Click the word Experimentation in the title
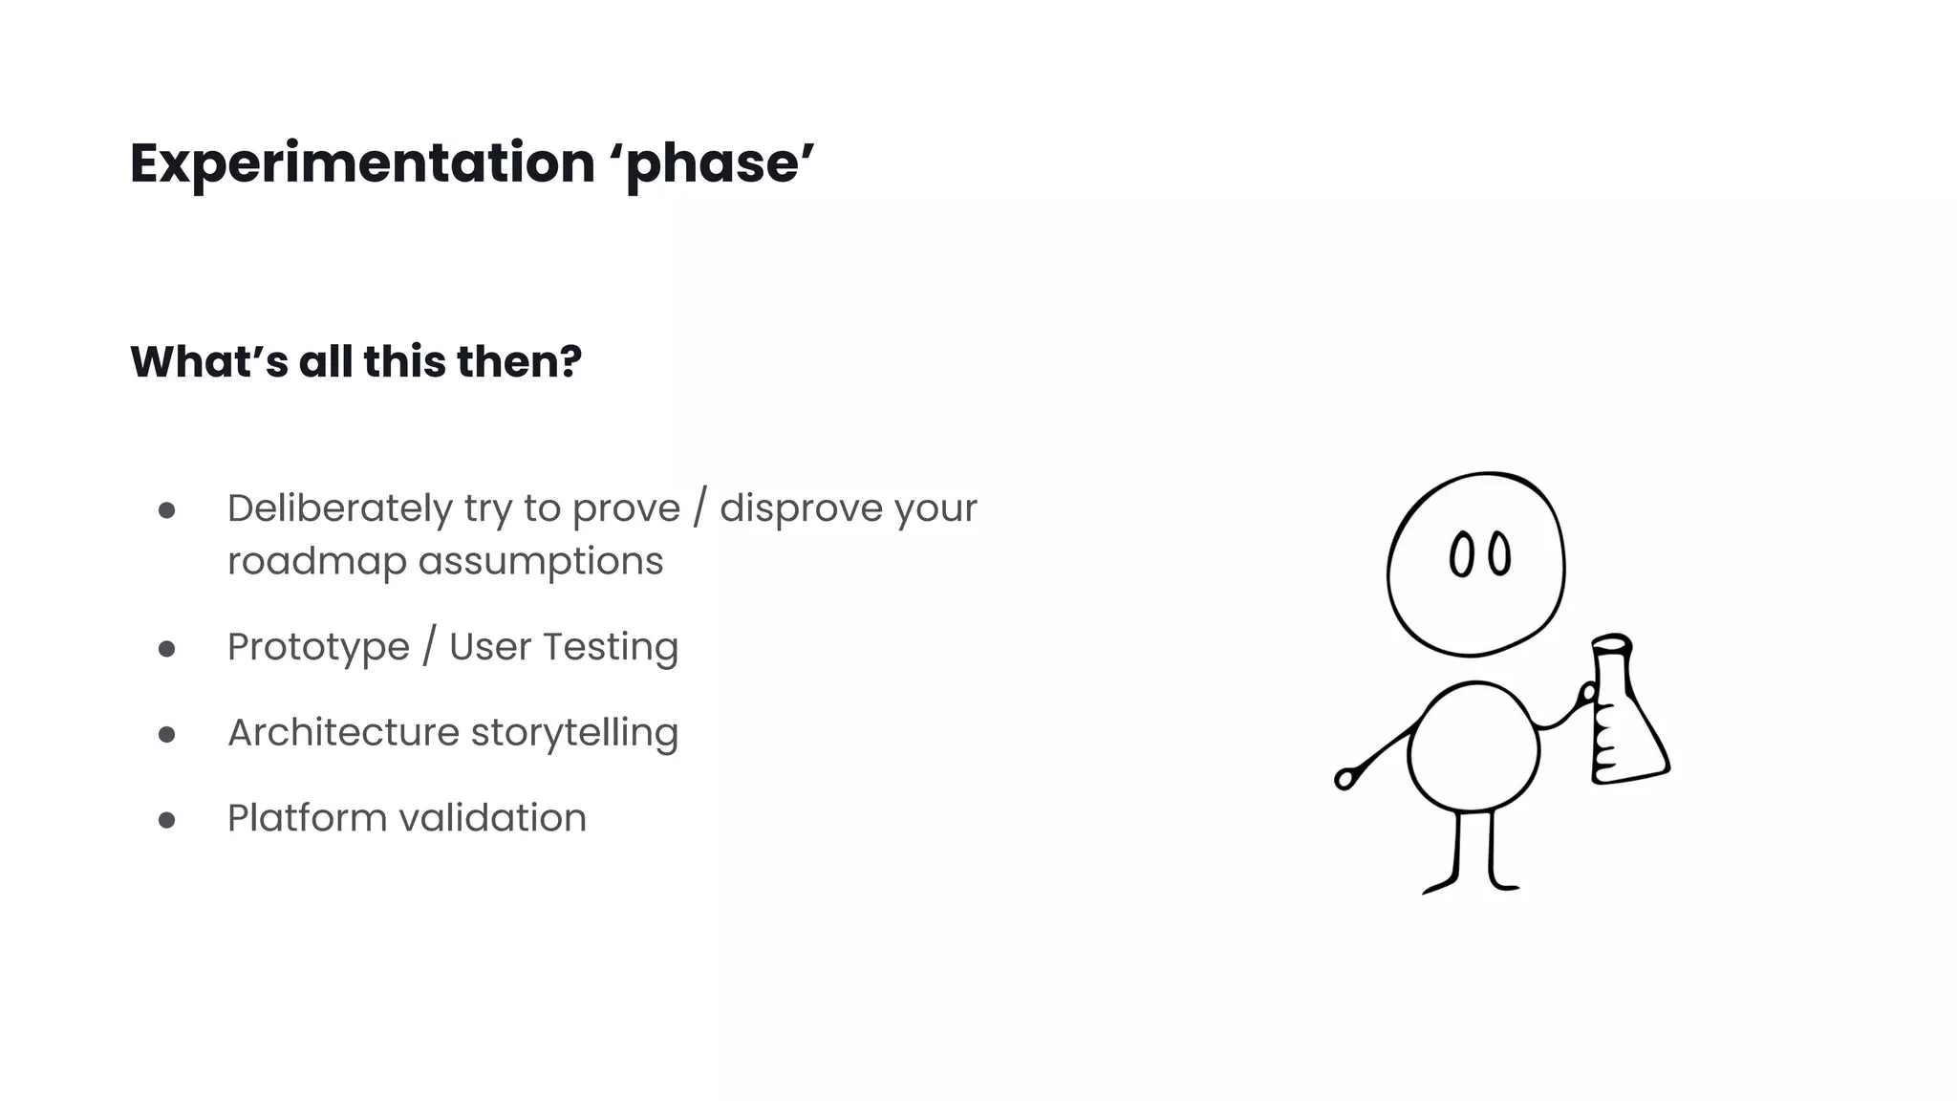362,163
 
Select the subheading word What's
209,362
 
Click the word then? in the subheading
519,362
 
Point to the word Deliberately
339,509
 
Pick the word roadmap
317,562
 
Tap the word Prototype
318,648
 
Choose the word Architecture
343,733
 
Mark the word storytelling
574,733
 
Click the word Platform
307,818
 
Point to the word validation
492,818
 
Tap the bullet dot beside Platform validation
167,820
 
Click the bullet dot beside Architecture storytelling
167,735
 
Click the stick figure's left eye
1460,555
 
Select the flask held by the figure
1624,726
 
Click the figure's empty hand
1345,779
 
